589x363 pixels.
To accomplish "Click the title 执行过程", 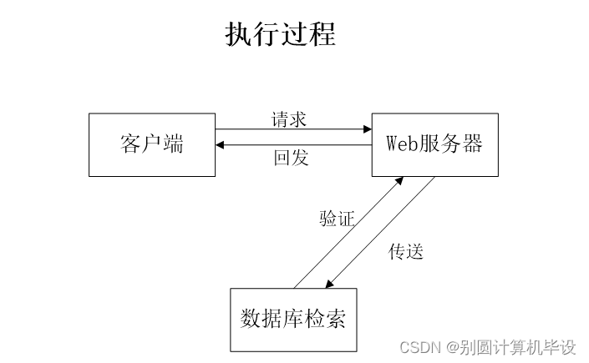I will point(280,35).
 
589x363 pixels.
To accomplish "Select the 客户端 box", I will point(151,144).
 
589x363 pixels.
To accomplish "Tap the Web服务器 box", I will point(434,144).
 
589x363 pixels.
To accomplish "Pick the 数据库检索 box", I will point(293,320).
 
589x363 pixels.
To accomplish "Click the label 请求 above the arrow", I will point(289,118).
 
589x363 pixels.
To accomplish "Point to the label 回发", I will point(291,158).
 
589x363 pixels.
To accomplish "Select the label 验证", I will point(337,219).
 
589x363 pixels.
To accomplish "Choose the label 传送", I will point(406,251).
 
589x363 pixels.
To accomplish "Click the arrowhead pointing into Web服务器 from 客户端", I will point(367,129).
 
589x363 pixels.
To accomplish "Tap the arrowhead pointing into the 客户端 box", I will point(220,145).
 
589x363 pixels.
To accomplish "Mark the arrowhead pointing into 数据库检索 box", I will point(328,284).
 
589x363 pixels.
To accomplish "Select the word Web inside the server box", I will point(401,144).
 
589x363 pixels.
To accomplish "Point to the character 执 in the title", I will point(239,35).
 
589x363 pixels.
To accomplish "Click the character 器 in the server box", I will point(472,144).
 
